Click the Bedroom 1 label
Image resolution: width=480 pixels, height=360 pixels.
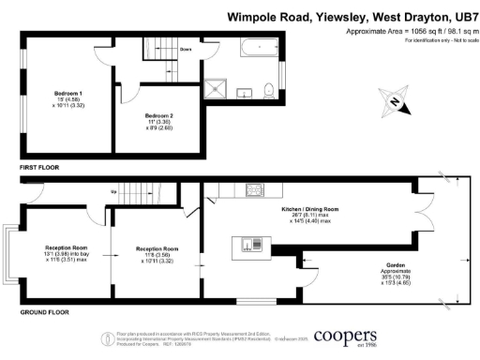67,94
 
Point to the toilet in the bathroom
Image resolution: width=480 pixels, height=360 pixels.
269,88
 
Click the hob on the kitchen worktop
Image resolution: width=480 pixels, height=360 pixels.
253,191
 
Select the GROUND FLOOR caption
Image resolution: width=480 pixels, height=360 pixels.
44,309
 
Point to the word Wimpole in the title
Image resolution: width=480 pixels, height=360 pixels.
255,16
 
